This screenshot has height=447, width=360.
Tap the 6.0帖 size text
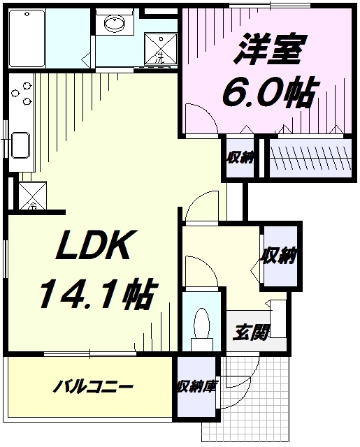point(270,91)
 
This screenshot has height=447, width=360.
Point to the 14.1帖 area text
point(97,293)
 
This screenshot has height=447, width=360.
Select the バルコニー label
point(93,387)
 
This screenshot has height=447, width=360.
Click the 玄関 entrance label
point(251,332)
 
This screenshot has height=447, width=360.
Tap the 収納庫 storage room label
point(197,387)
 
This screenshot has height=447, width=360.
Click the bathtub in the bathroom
point(27,38)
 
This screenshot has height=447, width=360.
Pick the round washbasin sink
point(115,22)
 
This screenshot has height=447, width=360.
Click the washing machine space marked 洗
point(161,49)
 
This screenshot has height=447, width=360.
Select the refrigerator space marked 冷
point(33,196)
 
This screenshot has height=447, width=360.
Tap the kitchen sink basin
point(20,145)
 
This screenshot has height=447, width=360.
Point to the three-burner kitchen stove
point(22,93)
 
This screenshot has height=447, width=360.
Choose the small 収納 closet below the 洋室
point(240,158)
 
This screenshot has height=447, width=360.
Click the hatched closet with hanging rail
point(310,158)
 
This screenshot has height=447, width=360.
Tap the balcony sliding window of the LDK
point(90,354)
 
